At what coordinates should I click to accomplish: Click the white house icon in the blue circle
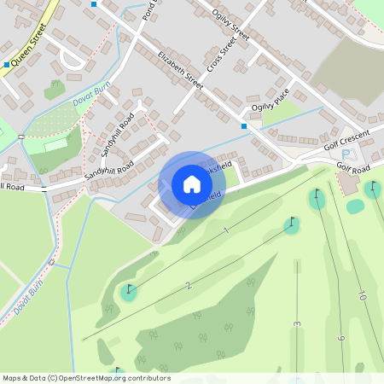192,184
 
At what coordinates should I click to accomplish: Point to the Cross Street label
220,55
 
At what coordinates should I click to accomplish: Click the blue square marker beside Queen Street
7,64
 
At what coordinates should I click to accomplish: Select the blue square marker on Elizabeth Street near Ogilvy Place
244,126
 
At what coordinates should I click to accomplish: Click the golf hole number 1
226,230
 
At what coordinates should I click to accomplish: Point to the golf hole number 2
189,285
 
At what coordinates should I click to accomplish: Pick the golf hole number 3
297,323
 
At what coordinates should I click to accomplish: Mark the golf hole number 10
362,295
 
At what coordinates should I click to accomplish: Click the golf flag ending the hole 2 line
293,224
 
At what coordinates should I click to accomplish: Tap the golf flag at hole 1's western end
129,290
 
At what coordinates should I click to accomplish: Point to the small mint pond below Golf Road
355,206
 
